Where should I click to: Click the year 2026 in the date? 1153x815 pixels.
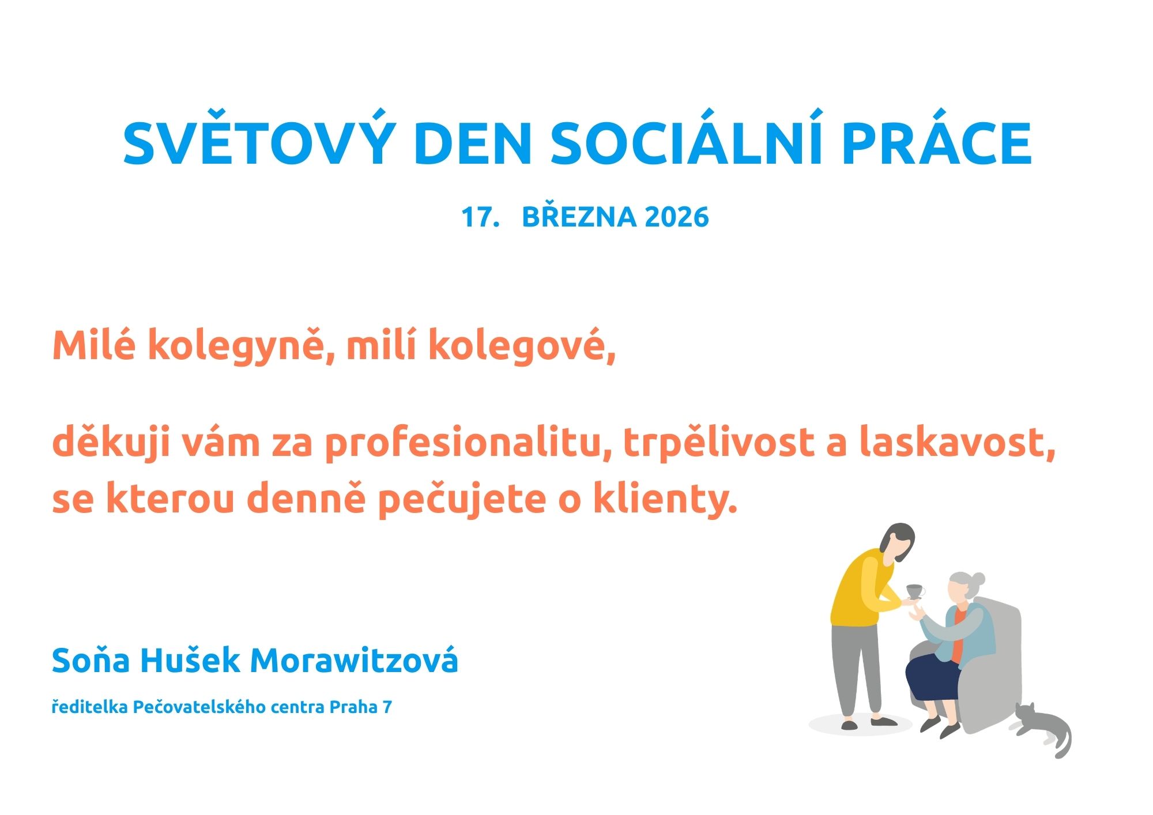click(x=677, y=217)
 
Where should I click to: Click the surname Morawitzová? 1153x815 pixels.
click(x=354, y=660)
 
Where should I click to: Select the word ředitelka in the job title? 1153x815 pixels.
click(x=89, y=707)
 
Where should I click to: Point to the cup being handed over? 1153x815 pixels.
click(x=915, y=591)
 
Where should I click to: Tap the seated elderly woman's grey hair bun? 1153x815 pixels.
click(x=978, y=578)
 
